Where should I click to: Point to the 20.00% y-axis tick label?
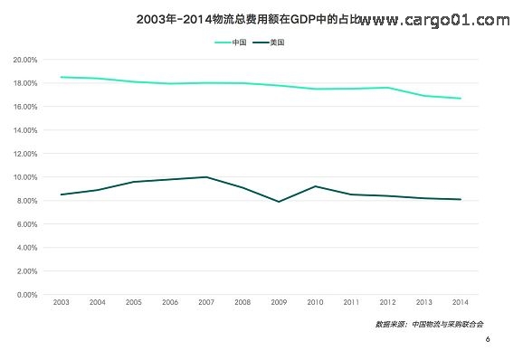[24, 60]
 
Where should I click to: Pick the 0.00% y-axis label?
[26, 295]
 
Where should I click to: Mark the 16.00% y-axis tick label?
[24, 107]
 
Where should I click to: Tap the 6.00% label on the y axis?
[26, 224]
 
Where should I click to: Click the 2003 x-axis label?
[62, 303]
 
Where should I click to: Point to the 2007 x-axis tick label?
[207, 303]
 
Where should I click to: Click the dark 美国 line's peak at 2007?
[207, 177]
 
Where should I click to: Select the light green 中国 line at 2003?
[62, 77]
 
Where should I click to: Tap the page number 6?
[488, 339]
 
